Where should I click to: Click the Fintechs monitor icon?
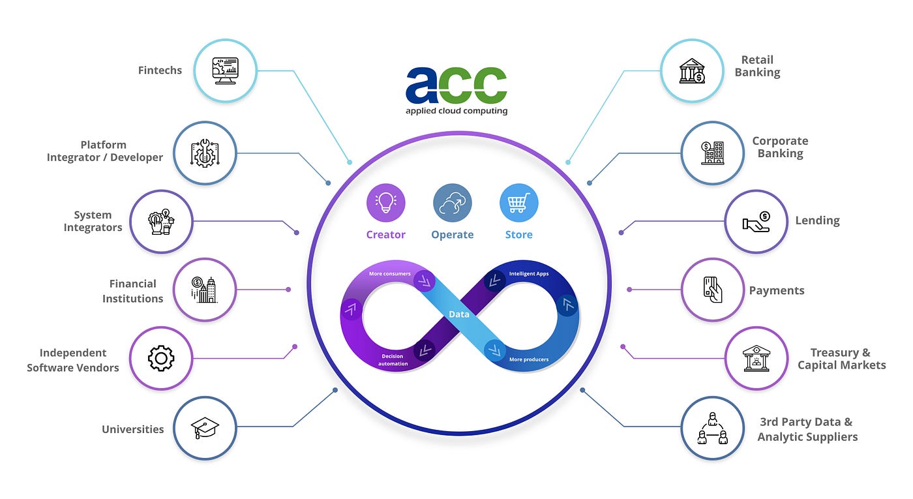[x=226, y=70]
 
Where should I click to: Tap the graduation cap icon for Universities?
[x=205, y=428]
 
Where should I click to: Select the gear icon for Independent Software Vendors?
[x=161, y=358]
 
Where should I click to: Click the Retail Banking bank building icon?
[x=692, y=70]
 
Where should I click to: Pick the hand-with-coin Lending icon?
[x=756, y=221]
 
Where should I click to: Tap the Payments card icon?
[x=712, y=290]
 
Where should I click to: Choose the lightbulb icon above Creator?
[x=386, y=203]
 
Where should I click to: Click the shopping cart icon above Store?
[x=518, y=203]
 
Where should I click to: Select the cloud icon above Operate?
[x=452, y=203]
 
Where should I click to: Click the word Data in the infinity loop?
[x=459, y=314]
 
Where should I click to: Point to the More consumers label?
[x=389, y=274]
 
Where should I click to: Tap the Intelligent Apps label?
[x=529, y=274]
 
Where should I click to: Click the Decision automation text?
[x=393, y=359]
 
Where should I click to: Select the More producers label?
[x=528, y=359]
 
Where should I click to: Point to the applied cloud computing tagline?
[x=456, y=111]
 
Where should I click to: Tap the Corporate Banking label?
[x=780, y=147]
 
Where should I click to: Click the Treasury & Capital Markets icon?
[x=756, y=358]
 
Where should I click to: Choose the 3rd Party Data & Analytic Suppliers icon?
[x=712, y=428]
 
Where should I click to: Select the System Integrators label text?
[x=93, y=221]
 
